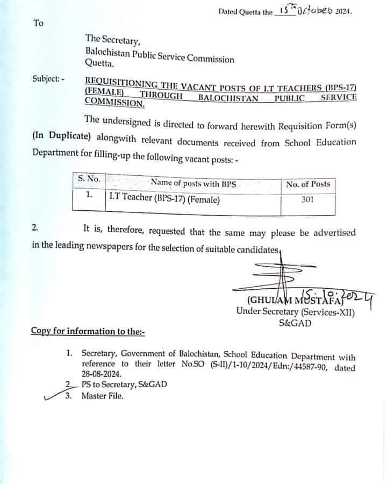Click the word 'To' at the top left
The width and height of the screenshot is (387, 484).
point(38,23)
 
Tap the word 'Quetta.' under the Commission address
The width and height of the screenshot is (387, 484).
point(100,63)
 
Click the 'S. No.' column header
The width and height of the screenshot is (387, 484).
point(89,179)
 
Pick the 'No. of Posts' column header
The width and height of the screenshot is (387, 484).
point(308,184)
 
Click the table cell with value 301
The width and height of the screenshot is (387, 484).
point(308,199)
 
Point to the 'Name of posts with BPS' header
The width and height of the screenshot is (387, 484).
point(193,183)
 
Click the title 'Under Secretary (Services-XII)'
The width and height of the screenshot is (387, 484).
point(296,311)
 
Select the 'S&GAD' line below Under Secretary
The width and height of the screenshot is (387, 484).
point(295,323)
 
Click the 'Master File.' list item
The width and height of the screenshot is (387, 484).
point(102,396)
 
